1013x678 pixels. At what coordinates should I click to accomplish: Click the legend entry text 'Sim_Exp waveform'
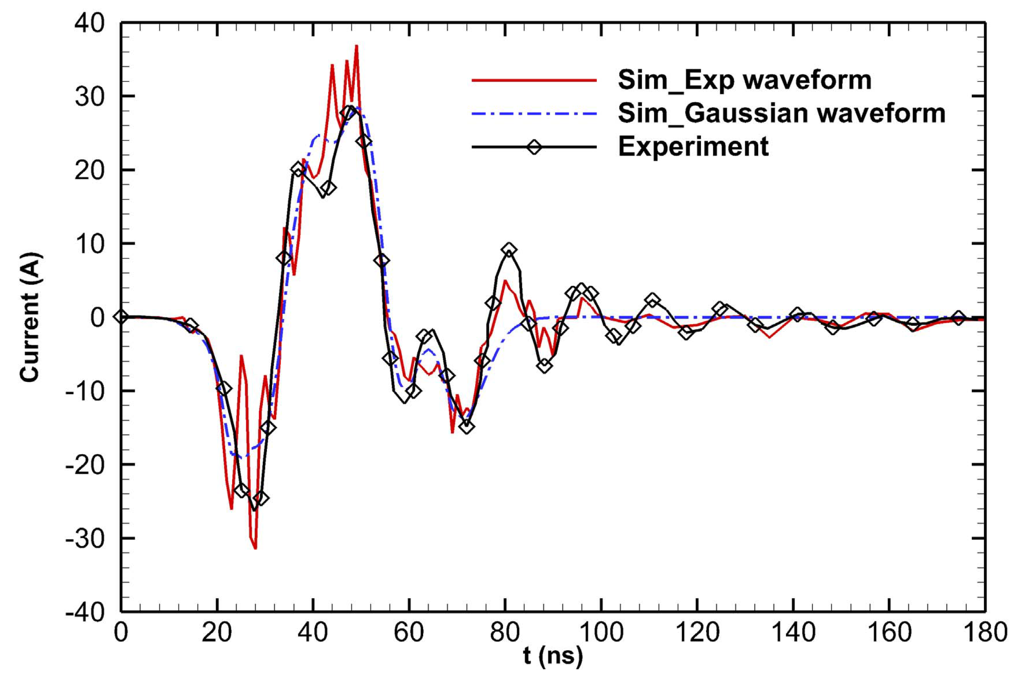click(744, 81)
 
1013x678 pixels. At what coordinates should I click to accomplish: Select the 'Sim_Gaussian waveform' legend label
click(782, 114)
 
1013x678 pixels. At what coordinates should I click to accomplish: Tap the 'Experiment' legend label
click(693, 147)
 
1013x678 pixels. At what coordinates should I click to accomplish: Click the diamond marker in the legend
click(535, 147)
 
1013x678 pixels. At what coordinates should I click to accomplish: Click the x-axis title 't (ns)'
click(553, 656)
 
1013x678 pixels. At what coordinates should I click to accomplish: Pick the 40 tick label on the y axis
click(90, 23)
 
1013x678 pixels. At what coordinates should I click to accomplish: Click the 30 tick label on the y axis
click(90, 96)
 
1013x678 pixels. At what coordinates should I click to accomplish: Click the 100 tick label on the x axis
click(601, 632)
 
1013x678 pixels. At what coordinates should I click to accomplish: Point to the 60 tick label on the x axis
click(409, 632)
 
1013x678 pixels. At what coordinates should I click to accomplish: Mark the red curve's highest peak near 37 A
click(357, 46)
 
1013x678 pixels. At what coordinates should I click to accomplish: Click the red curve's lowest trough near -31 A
click(255, 548)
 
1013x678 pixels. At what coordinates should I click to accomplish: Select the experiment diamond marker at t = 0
click(121, 317)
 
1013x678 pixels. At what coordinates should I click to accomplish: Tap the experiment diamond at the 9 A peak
click(509, 250)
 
